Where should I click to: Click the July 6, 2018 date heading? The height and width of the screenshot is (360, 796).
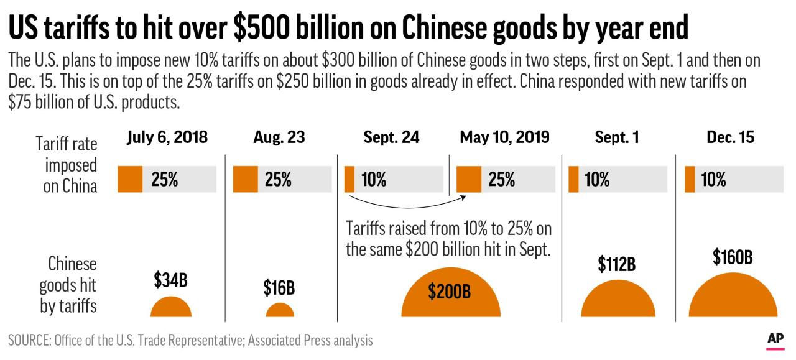pyautogui.click(x=167, y=138)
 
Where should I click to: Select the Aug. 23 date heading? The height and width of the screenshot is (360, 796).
pyautogui.click(x=279, y=138)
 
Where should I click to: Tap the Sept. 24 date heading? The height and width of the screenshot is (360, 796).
pyautogui.click(x=391, y=138)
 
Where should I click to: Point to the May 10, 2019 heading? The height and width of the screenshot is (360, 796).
pyautogui.click(x=504, y=138)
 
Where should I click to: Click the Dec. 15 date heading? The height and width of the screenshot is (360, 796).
pyautogui.click(x=730, y=138)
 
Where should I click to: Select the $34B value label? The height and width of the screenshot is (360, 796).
pyautogui.click(x=170, y=281)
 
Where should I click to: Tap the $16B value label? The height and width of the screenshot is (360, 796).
pyautogui.click(x=279, y=288)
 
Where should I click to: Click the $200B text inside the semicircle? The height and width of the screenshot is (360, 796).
pyautogui.click(x=450, y=292)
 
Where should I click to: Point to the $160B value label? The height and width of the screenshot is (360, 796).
pyautogui.click(x=733, y=257)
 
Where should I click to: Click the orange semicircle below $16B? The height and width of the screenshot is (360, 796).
pyautogui.click(x=280, y=311)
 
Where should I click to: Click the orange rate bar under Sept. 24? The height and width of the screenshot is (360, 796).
pyautogui.click(x=349, y=180)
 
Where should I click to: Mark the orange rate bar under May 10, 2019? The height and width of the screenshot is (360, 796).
pyautogui.click(x=468, y=180)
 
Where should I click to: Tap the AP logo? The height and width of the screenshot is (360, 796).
pyautogui.click(x=775, y=339)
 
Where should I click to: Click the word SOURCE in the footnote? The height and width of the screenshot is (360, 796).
pyautogui.click(x=29, y=341)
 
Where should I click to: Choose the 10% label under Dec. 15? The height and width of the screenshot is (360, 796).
pyautogui.click(x=713, y=180)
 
